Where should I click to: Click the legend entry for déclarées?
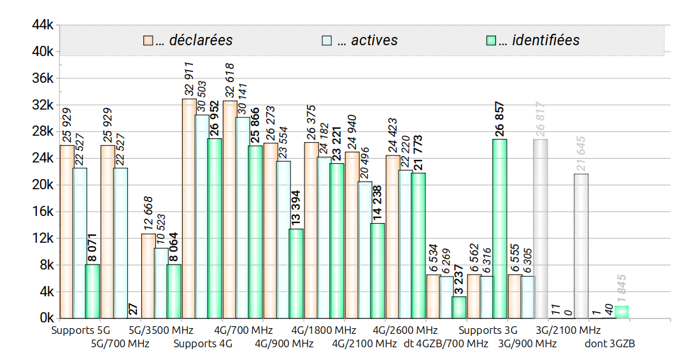point(188,40)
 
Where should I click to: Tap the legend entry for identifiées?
point(532,40)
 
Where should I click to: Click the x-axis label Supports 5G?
point(81,331)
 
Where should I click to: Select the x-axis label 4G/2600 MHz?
point(405,331)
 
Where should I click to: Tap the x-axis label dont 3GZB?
point(609,344)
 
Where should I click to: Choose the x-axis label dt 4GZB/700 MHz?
point(446,344)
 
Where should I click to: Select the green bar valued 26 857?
point(500,229)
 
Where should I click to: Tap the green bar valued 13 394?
point(296,273)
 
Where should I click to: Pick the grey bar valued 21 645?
point(581,246)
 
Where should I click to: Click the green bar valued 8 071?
point(92,291)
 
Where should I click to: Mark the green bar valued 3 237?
point(459,307)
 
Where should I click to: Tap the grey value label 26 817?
point(541,119)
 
